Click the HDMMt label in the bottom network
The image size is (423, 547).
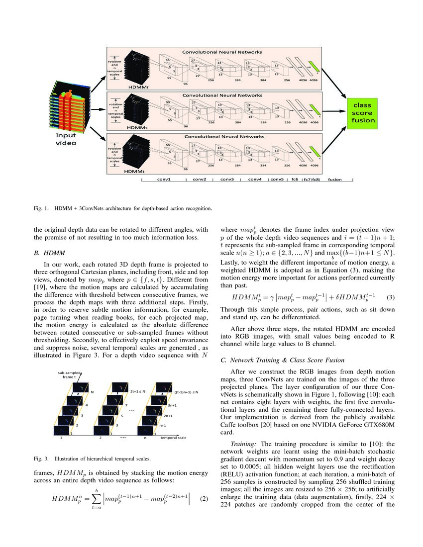point(135,171)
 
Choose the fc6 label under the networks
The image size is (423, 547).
point(295,179)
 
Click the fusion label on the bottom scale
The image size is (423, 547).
point(335,179)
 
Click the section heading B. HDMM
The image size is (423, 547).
point(50,253)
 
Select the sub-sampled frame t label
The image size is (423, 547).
point(70,373)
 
